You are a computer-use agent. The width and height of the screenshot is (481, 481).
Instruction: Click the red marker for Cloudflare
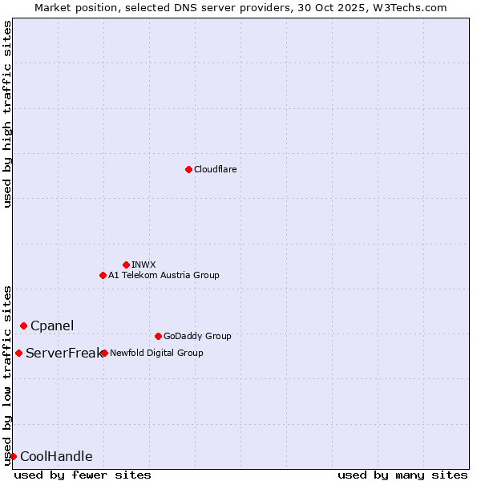pyautogui.click(x=188, y=169)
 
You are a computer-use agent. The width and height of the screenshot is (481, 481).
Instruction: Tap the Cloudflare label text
pyautogui.click(x=215, y=169)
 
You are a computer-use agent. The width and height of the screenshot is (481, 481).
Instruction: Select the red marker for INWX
pyautogui.click(x=126, y=265)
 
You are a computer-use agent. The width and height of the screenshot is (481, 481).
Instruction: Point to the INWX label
pyautogui.click(x=143, y=265)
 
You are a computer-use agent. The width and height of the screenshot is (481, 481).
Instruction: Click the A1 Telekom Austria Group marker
pyautogui.click(x=103, y=275)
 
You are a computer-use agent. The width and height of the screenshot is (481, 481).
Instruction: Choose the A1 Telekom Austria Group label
pyautogui.click(x=164, y=275)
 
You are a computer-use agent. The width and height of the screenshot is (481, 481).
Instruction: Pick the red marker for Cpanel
pyautogui.click(x=23, y=325)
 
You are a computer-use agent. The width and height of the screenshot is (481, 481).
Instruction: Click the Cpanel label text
pyautogui.click(x=52, y=325)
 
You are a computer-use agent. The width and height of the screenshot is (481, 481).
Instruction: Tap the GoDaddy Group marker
pyautogui.click(x=158, y=336)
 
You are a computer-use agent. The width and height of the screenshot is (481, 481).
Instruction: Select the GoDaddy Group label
pyautogui.click(x=197, y=336)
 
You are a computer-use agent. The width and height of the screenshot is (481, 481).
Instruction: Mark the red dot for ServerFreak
pyautogui.click(x=18, y=353)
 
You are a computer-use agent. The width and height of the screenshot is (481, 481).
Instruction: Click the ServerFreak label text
pyautogui.click(x=63, y=353)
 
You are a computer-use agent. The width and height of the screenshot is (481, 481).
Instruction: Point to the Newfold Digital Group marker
pyautogui.click(x=104, y=353)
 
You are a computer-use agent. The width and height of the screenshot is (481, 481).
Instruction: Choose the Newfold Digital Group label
pyautogui.click(x=156, y=353)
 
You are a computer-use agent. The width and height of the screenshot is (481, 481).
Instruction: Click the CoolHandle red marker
pyautogui.click(x=13, y=456)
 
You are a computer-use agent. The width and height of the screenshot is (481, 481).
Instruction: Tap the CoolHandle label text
pyautogui.click(x=56, y=457)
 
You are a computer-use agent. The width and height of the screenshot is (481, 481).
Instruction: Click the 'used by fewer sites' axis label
pyautogui.click(x=83, y=475)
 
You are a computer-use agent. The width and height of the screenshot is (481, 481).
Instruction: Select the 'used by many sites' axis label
pyautogui.click(x=402, y=475)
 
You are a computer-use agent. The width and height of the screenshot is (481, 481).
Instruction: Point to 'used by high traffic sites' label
pyautogui.click(x=7, y=114)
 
